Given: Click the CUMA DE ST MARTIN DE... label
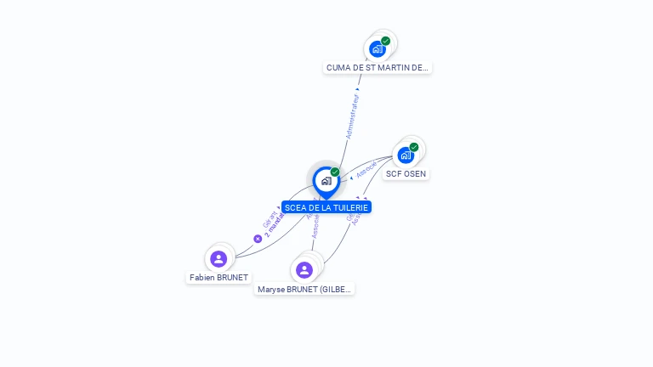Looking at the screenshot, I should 378,67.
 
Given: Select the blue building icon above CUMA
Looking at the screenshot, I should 378,49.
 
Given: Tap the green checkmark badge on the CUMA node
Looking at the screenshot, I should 386,41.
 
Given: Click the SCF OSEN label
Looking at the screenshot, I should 406,173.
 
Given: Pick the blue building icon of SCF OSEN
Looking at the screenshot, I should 406,155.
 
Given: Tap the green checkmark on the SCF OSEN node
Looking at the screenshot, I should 414,147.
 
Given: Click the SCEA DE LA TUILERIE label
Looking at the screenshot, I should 326,207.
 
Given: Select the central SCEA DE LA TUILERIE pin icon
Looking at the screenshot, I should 326,181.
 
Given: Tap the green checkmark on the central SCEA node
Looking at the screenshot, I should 335,172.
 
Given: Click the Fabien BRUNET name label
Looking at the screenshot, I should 219,277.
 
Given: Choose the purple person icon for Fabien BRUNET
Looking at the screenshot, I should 219,258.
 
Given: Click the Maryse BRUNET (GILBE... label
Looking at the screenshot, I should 304,289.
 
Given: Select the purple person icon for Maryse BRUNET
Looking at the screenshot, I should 304,270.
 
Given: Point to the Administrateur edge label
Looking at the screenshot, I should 353,117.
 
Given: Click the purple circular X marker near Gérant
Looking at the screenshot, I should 258,239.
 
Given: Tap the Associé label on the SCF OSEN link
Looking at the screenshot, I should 366,168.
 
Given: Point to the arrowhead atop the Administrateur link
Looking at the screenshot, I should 358,88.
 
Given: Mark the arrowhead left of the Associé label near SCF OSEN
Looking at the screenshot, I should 352,178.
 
